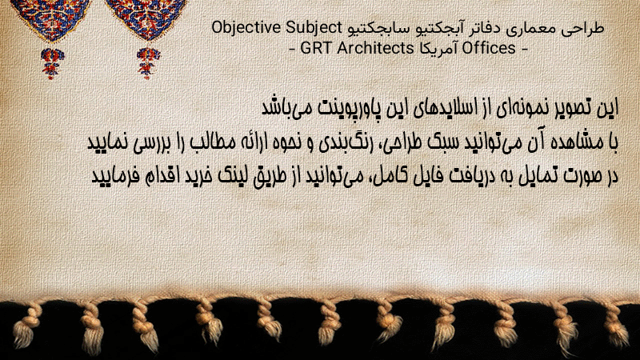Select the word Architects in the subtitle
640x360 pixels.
pyautogui.click(x=374, y=48)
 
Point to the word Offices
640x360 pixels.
pyautogui.click(x=488, y=48)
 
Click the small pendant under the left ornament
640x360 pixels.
pyautogui.click(x=52, y=62)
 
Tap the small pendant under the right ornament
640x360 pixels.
pyautogui.click(x=148, y=62)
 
